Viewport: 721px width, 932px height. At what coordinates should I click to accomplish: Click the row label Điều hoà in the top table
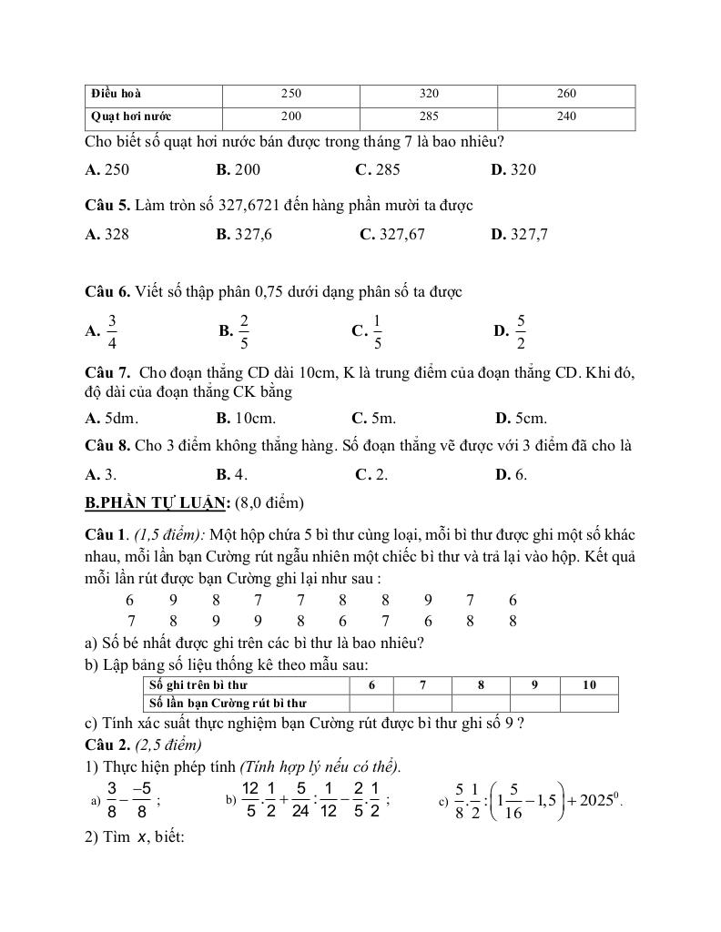(x=116, y=94)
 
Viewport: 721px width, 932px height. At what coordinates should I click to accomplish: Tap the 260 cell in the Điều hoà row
(x=565, y=94)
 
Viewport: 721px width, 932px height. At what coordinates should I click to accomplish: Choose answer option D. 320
(x=513, y=169)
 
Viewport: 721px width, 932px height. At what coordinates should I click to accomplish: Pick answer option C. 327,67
(x=392, y=234)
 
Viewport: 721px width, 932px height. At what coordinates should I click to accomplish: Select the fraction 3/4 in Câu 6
(x=112, y=331)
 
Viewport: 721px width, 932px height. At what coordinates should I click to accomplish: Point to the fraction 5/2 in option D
(x=521, y=331)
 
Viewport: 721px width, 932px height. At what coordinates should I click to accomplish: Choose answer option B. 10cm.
(x=246, y=419)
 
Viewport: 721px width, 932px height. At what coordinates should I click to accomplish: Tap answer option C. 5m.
(x=374, y=419)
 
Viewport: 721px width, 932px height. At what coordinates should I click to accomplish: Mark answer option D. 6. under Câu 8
(x=511, y=474)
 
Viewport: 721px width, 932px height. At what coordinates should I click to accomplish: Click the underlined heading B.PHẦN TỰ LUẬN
(x=157, y=502)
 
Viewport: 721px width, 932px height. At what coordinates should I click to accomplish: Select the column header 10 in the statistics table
(x=588, y=684)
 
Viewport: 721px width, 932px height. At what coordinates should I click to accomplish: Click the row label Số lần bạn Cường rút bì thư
(x=228, y=703)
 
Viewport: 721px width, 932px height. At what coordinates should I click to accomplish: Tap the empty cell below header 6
(x=371, y=703)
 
